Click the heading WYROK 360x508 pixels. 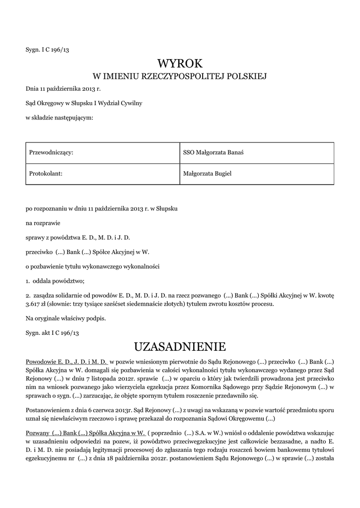click(180, 64)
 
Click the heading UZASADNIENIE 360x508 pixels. click(180, 345)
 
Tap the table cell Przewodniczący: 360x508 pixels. click(52, 153)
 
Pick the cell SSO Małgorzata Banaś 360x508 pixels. click(213, 153)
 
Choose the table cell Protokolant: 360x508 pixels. click(45, 174)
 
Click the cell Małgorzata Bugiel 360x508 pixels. click(207, 174)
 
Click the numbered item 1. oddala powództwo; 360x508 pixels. click(51, 281)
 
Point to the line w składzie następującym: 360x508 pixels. click(59, 118)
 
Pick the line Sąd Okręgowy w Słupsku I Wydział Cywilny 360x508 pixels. click(84, 103)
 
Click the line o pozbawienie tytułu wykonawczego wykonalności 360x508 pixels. click(92, 266)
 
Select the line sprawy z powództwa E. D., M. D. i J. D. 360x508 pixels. click(78, 238)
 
